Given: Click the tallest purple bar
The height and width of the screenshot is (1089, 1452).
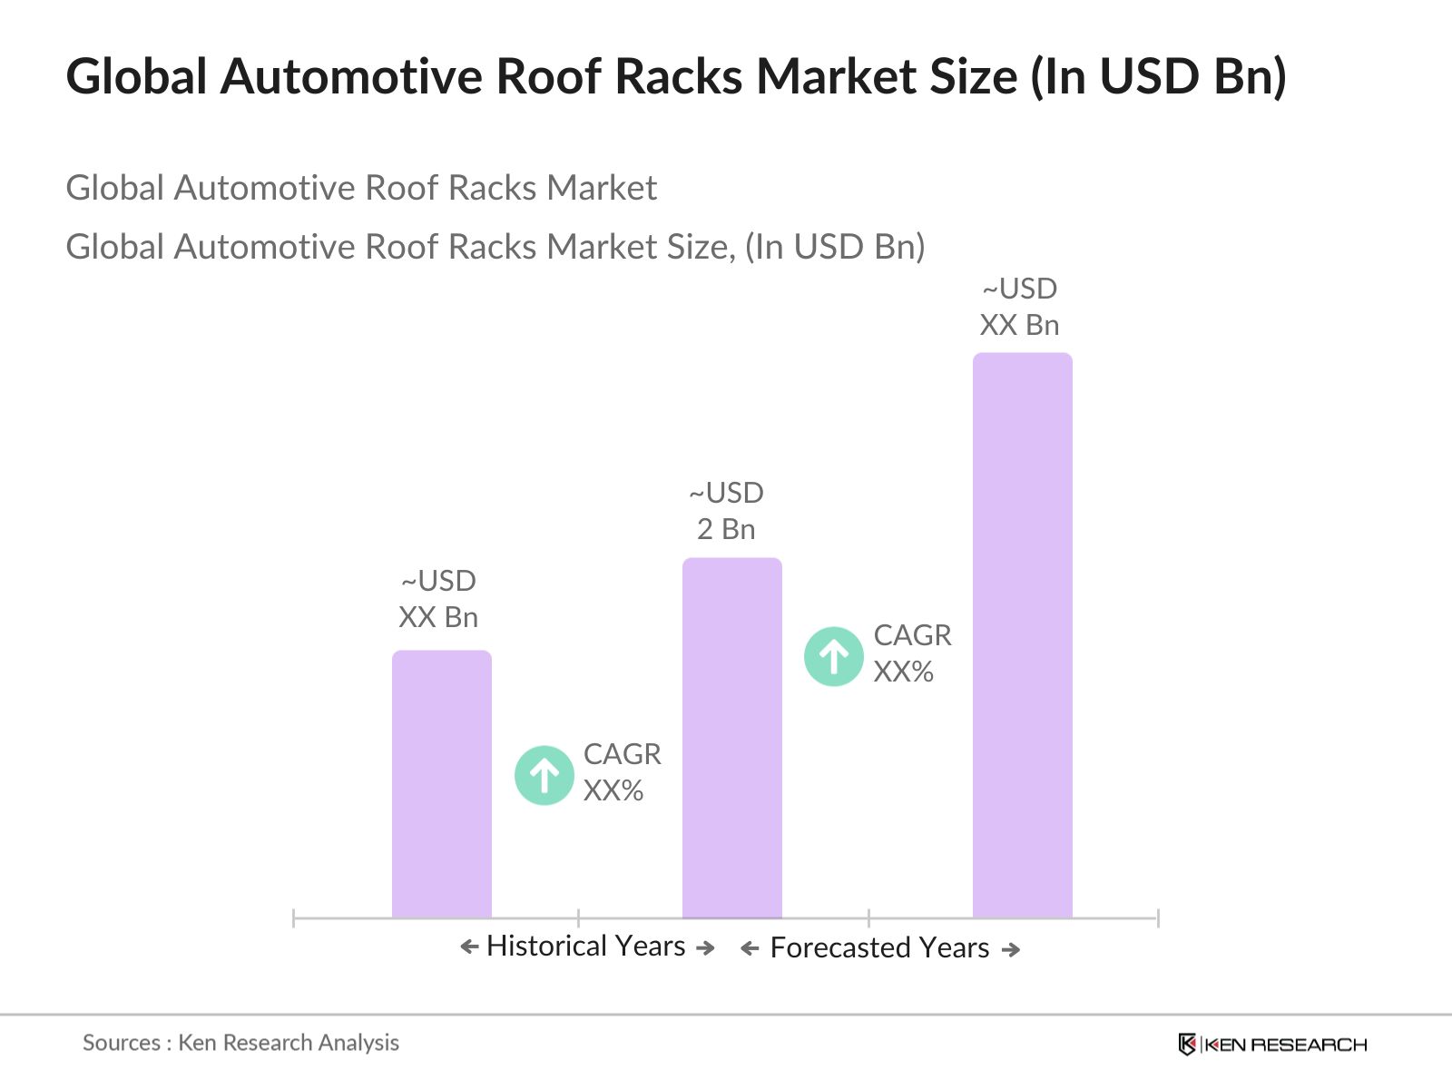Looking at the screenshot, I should tap(1022, 635).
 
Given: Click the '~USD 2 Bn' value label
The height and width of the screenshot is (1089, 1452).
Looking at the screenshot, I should tap(726, 511).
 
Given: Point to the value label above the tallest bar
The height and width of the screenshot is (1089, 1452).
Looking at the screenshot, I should tap(1019, 307).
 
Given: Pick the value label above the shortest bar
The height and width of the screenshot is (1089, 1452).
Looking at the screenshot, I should tap(438, 599).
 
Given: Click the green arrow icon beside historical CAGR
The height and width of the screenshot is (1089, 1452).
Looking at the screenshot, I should tap(544, 775).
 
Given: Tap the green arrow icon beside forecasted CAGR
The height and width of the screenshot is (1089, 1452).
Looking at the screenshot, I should tap(833, 656).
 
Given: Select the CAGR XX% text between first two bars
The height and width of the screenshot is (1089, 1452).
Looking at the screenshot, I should tap(622, 772).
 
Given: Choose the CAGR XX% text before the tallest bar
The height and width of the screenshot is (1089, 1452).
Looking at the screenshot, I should tap(912, 653).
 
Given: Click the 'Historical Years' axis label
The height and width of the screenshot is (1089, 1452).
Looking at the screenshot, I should tap(585, 946).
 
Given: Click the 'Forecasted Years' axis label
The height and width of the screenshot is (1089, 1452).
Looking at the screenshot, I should tap(878, 947).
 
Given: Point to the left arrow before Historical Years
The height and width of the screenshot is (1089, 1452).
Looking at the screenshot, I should tap(469, 947).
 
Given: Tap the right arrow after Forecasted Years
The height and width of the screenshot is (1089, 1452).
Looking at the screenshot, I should tap(1010, 949).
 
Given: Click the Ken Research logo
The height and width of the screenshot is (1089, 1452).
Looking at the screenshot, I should tap(1272, 1044).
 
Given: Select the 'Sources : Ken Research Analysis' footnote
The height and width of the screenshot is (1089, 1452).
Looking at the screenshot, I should tap(240, 1043).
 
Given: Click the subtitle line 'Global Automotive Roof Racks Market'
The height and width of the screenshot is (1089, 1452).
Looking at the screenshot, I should tap(361, 188).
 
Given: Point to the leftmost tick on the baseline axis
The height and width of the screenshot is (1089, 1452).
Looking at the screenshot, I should tap(294, 918).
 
